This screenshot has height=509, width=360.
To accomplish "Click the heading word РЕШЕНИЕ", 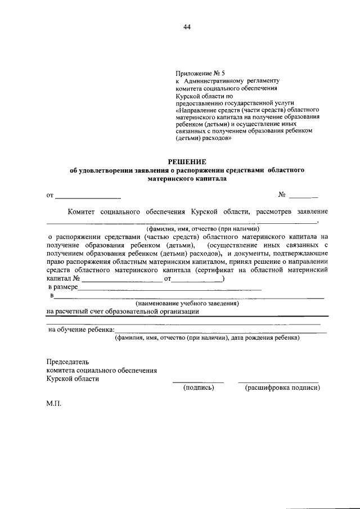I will click(186, 161).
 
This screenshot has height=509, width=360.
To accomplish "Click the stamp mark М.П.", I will click(55, 404).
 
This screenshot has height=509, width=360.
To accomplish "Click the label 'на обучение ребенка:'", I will click(81, 330).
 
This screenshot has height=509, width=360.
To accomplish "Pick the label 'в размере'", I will click(62, 287).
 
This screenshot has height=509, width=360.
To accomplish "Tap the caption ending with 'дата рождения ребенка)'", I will click(207, 338).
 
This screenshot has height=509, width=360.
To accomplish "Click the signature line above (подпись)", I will click(197, 382).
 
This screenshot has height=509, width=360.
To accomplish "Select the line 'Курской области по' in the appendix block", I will click(200, 96).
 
